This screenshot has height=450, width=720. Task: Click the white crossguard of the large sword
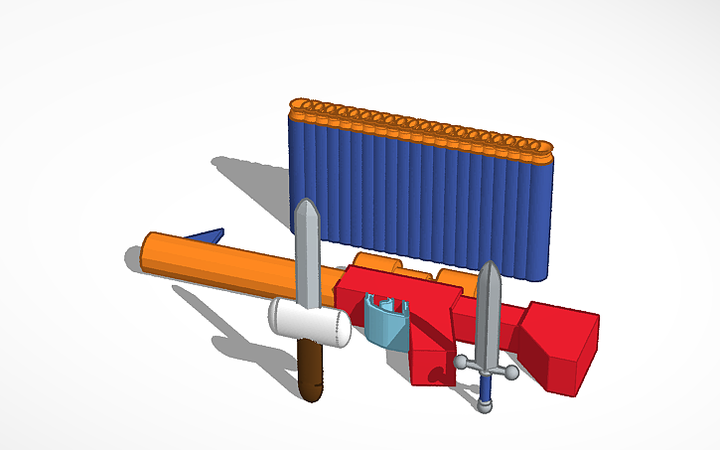click(x=309, y=324)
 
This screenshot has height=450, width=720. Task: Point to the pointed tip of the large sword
click(x=307, y=203)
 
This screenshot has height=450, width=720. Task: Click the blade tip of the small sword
click(x=489, y=265)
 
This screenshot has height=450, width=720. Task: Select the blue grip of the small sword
click(x=485, y=384)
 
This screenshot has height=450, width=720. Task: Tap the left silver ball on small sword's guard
click(x=461, y=364)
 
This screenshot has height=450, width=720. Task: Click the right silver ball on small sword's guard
click(x=510, y=373)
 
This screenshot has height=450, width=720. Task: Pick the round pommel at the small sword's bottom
click(x=484, y=405)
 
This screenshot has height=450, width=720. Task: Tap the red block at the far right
click(x=560, y=343)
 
